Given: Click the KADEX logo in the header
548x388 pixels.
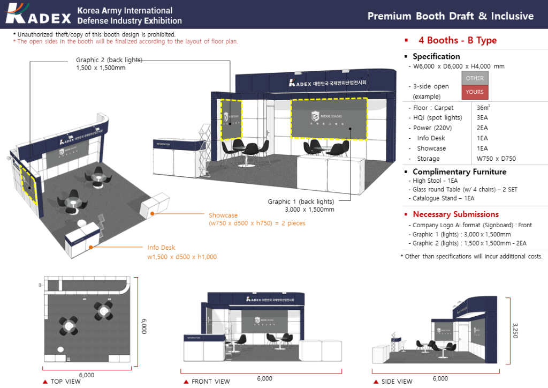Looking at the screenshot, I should point(39,14).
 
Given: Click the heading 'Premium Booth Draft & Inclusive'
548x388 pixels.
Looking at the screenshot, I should point(450,16).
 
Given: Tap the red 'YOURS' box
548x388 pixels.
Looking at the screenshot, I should point(474,92).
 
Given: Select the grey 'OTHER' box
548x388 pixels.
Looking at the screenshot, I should point(474,78).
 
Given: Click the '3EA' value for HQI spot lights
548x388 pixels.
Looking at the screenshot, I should point(482,118).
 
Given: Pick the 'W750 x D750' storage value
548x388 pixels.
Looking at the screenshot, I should point(496,159).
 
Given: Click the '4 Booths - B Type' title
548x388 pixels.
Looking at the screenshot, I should point(457,41).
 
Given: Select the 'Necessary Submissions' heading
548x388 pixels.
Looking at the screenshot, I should point(455,214).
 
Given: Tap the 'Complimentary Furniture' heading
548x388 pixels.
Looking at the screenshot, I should point(459,172).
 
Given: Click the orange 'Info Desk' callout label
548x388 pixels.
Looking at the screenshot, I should point(161,248).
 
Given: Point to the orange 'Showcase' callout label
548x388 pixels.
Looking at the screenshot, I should point(223,215).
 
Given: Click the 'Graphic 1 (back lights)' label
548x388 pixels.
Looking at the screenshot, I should point(301,202).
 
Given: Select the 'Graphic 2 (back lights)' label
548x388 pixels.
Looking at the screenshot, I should point(109,60).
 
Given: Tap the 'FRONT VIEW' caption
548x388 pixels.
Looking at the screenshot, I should point(210,382).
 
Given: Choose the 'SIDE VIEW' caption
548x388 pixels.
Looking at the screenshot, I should point(397,382).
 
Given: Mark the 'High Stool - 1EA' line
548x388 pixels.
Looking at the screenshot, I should point(435,181).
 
